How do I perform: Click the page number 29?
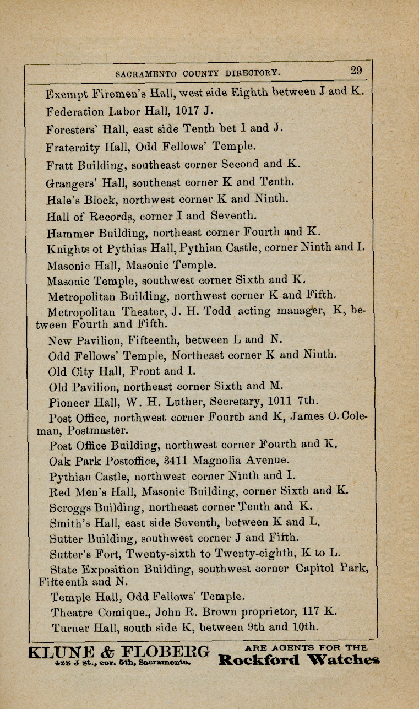(356, 71)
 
